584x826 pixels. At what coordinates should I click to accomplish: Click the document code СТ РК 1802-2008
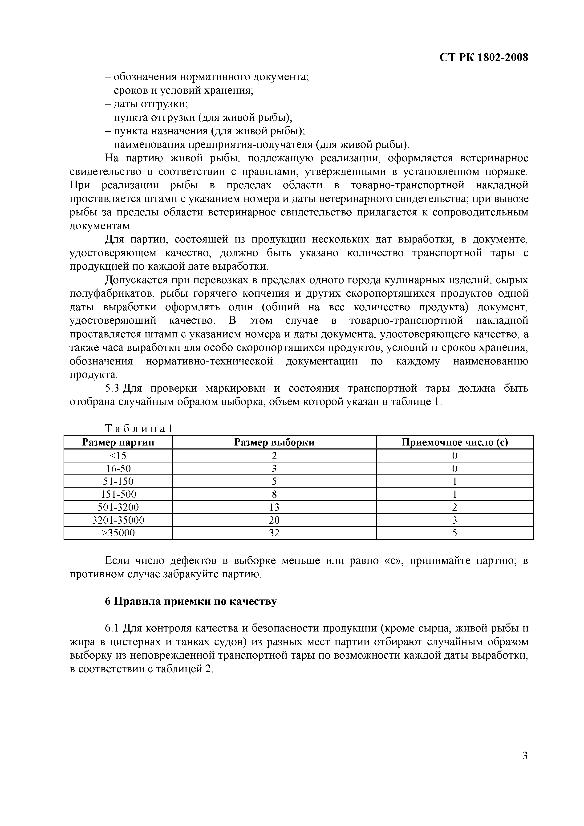[x=484, y=57]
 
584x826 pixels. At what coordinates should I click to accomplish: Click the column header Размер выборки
[x=274, y=442]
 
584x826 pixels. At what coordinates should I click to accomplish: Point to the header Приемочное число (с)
[x=454, y=442]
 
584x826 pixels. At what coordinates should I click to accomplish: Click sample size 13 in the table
[x=274, y=507]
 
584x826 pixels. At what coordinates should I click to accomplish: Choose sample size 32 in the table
[x=274, y=533]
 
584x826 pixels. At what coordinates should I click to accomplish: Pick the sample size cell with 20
[x=274, y=520]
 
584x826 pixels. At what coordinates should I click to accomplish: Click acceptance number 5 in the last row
[x=454, y=533]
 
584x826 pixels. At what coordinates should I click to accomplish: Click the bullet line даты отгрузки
[x=146, y=104]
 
